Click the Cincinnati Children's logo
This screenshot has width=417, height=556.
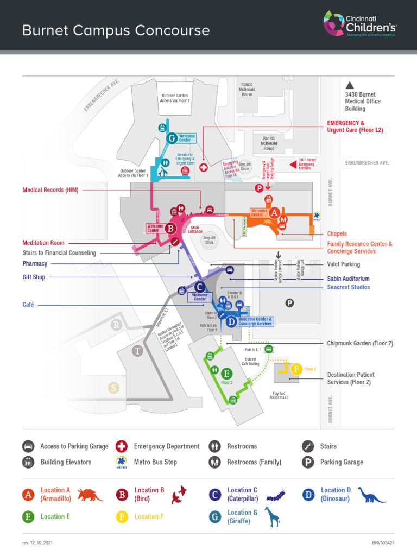(x=360, y=24)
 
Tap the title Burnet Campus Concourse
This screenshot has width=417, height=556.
(x=116, y=30)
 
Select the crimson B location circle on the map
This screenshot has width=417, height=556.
(x=170, y=229)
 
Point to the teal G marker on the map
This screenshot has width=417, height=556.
(x=172, y=138)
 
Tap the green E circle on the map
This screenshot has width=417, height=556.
(x=226, y=374)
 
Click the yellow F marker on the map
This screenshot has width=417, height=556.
(x=296, y=369)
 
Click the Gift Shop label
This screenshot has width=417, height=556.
(x=34, y=277)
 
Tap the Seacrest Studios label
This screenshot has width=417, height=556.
(x=349, y=287)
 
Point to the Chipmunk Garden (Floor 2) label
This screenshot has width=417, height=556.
(x=360, y=343)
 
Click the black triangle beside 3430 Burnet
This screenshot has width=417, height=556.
(x=350, y=85)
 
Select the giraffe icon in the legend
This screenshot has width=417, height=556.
(x=272, y=516)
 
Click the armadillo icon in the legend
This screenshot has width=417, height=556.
(x=90, y=494)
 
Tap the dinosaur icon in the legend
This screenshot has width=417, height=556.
(x=371, y=494)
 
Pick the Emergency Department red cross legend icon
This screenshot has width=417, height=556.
(x=122, y=446)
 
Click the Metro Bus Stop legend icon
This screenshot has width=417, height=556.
(x=122, y=463)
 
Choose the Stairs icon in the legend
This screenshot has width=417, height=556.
(x=308, y=446)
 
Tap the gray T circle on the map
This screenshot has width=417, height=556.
(x=138, y=351)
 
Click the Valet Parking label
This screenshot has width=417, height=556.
(x=343, y=264)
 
